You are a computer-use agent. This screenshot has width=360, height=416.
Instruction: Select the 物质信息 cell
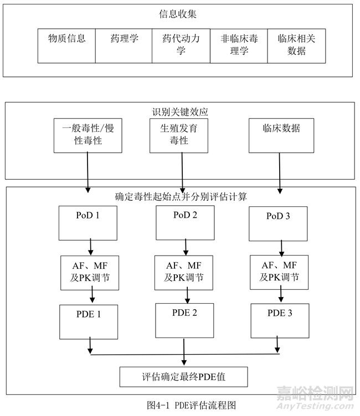[67, 45]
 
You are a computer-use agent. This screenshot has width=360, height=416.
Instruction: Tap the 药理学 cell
[124, 45]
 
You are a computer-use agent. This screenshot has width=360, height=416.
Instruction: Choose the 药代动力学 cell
[181, 45]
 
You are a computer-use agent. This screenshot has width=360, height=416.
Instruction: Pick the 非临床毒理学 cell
[238, 45]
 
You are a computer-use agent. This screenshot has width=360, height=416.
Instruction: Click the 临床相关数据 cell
[295, 45]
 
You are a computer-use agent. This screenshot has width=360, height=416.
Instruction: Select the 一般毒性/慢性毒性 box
[86, 134]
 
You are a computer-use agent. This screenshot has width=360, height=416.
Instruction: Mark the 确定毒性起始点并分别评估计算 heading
[180, 196]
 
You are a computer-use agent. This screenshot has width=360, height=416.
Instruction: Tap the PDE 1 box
[89, 323]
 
